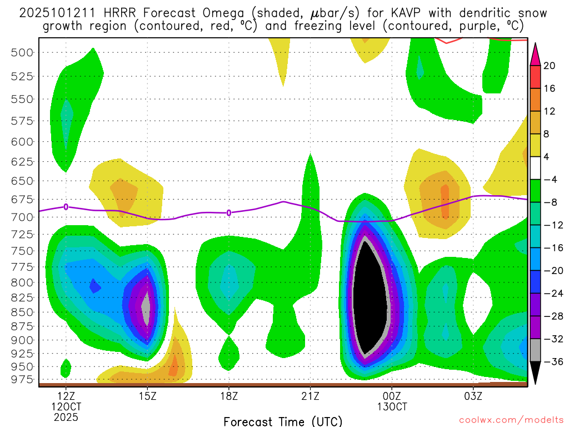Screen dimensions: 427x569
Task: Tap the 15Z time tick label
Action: [x=147, y=396]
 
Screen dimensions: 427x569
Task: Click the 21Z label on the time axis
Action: [x=310, y=396]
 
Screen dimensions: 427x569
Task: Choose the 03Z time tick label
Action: [x=473, y=396]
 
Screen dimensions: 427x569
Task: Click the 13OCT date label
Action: [x=392, y=406]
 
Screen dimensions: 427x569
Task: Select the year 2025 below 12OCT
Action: [x=66, y=416]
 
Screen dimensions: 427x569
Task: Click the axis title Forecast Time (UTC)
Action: [x=283, y=421]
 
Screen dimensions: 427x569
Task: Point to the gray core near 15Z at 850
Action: [x=146, y=305]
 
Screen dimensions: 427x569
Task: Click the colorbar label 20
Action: [x=550, y=66]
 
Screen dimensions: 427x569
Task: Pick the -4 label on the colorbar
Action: [x=550, y=179]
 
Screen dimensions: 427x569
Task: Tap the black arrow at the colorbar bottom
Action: [x=535, y=373]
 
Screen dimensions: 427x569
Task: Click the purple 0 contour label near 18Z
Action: [x=229, y=212]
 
